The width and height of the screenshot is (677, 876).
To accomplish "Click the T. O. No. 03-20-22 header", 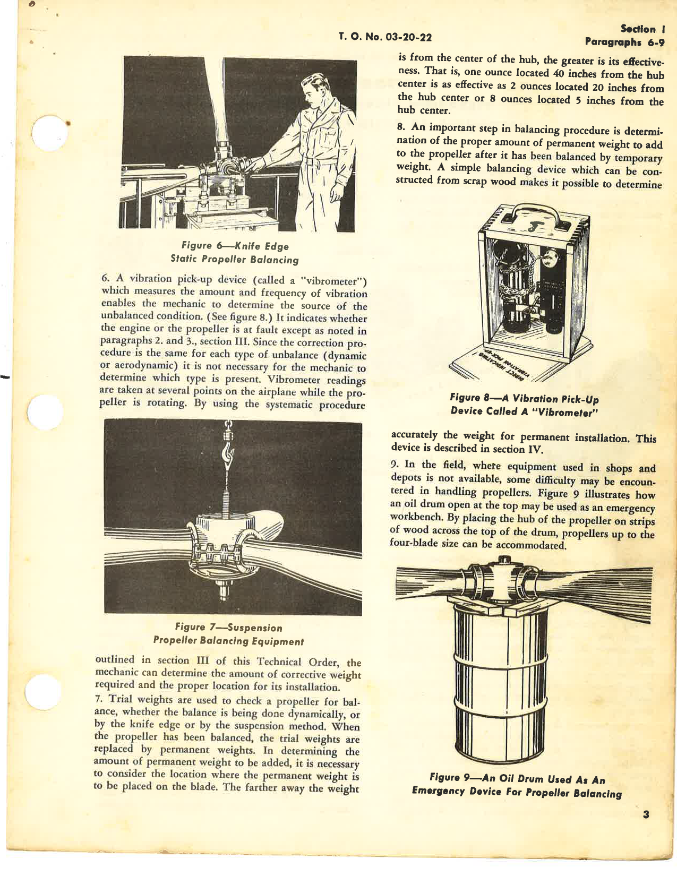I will pos(385,37).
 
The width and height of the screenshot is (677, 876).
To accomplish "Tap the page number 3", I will pos(645,815).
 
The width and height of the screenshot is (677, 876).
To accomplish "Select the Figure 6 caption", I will pos(235,253).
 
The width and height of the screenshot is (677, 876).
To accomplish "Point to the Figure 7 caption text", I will pos(228,634).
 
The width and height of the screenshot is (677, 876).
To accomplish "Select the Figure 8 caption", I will pos(524,405).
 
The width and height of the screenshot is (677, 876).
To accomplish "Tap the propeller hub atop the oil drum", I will pos(500,582).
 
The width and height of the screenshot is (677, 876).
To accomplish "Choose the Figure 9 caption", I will pos(517,786).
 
